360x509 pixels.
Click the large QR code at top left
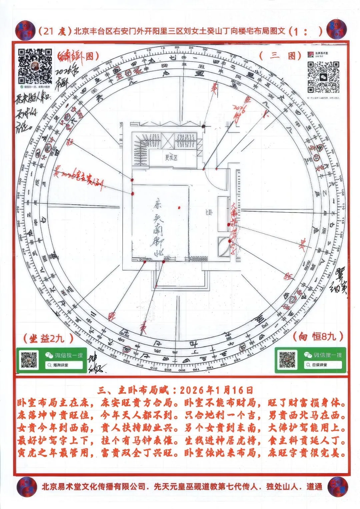tap(35, 66)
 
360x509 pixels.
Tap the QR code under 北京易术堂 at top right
tap(323, 77)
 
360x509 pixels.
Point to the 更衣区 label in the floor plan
tap(171, 158)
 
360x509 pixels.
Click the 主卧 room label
tap(209, 213)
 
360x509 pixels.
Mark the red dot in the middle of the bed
tap(179, 208)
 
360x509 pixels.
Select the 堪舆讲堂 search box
tap(64, 365)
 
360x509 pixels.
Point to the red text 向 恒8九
tap(318, 336)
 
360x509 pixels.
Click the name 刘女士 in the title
tap(200, 31)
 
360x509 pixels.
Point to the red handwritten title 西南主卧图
tap(78, 56)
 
